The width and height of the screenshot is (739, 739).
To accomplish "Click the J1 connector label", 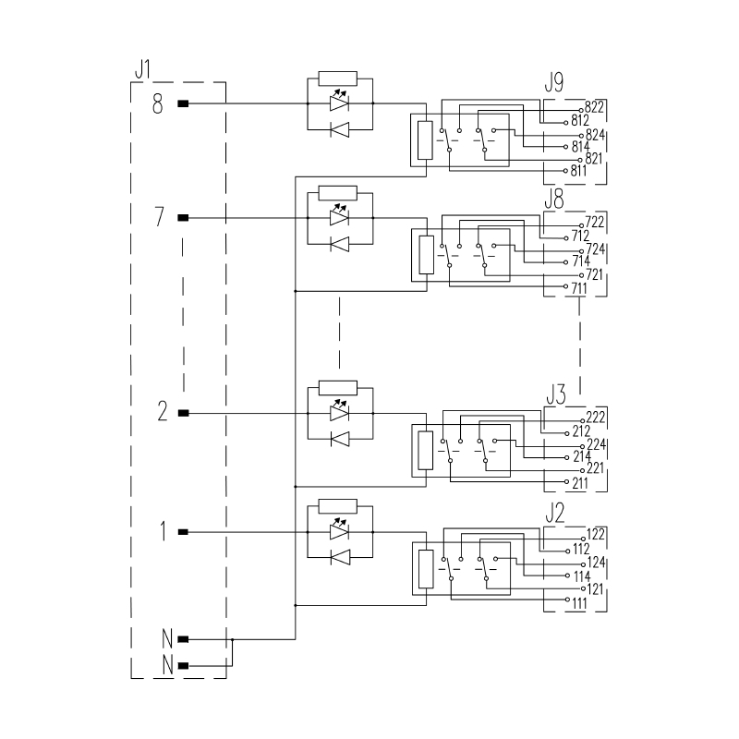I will [142, 69].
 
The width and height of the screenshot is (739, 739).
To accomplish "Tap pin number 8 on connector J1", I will [158, 104].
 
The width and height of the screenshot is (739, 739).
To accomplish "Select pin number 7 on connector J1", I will [159, 218].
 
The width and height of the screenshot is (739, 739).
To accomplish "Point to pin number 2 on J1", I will [162, 413].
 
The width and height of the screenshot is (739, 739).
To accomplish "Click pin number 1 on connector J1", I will [163, 532].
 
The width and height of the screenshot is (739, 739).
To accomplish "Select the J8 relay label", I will [554, 197].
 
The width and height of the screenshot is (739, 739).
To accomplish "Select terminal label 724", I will [594, 250].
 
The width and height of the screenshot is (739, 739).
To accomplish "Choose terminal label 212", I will [580, 430].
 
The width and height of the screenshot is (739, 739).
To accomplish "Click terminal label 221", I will [595, 468].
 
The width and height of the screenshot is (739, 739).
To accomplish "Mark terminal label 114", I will [580, 575].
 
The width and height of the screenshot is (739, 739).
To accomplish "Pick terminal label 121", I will [595, 588].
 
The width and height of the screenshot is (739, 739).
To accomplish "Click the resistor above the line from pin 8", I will [336, 78].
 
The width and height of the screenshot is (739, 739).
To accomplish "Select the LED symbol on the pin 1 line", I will [339, 532].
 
